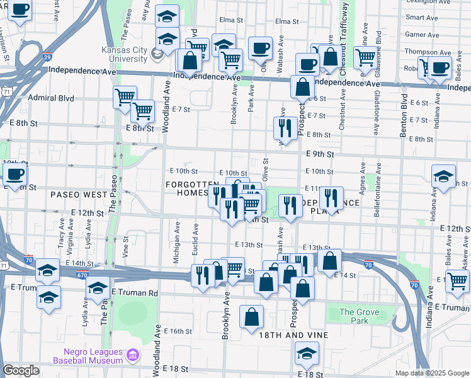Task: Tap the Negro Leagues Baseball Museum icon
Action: (x=133, y=357)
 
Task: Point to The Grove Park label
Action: (x=360, y=316)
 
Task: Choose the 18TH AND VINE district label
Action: (x=293, y=335)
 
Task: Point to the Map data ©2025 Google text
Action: (x=431, y=373)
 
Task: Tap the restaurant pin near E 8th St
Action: (x=285, y=128)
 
